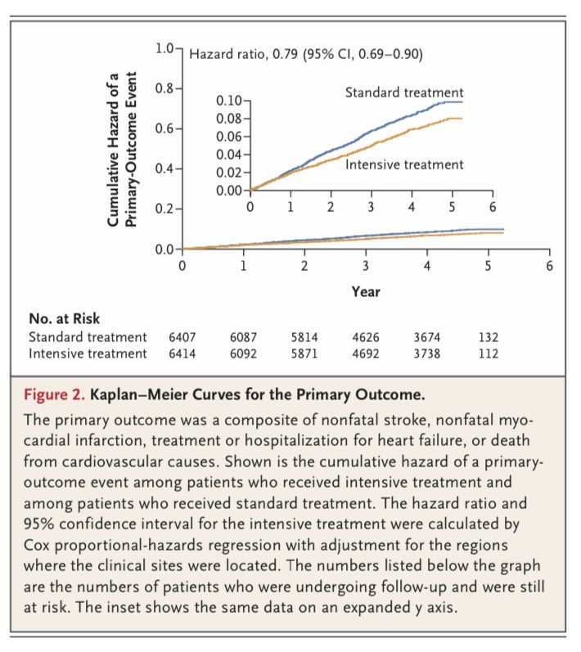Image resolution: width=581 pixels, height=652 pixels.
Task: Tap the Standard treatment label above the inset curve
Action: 404,92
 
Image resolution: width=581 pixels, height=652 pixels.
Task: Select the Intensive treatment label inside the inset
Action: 404,164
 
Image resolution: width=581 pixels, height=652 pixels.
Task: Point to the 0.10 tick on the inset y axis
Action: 228,101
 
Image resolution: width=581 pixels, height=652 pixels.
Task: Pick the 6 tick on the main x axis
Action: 550,266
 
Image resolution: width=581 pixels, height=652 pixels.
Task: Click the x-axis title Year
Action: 365,290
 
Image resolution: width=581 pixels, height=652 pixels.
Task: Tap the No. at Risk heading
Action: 65,319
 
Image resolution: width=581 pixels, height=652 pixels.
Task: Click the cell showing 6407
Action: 183,337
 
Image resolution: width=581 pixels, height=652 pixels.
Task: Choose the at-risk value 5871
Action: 304,353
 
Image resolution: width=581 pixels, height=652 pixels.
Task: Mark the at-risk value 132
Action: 489,337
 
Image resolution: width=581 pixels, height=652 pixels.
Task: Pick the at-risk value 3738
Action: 427,353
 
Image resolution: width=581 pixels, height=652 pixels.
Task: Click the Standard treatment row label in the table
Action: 88,337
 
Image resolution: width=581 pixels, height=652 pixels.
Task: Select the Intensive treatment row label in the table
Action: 88,353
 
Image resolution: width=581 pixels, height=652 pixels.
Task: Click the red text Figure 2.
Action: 54,394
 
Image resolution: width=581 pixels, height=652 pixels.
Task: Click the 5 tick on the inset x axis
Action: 452,205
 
